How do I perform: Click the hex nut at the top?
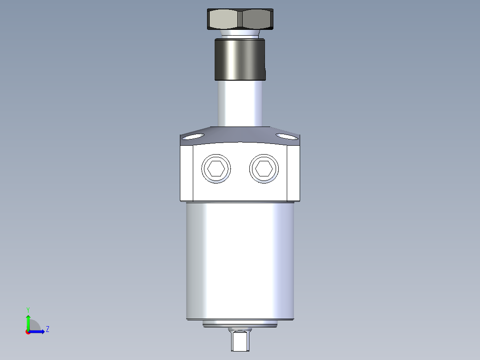point(240,19)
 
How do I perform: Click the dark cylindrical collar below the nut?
point(240,59)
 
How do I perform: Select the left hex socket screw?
point(216,169)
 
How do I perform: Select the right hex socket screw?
point(264,169)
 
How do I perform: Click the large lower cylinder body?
point(240,261)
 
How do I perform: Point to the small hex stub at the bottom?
point(240,341)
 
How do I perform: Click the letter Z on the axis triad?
point(47,329)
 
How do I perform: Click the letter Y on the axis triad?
point(28,309)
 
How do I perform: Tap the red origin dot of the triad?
point(28,331)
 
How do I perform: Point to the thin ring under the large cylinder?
point(240,324)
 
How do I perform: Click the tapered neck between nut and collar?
point(240,34)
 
